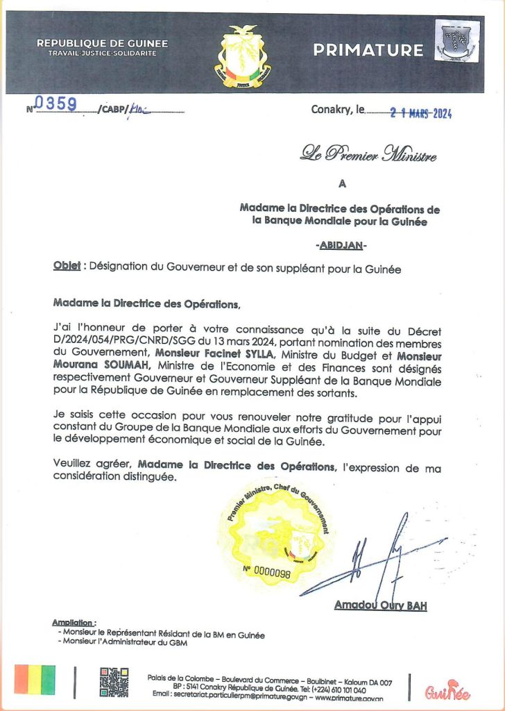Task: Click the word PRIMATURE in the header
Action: [x=368, y=50]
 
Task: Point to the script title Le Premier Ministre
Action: [x=368, y=153]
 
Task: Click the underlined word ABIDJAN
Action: [x=341, y=245]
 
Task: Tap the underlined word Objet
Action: [x=67, y=269]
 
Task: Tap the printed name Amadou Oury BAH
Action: [x=380, y=605]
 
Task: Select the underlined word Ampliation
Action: [x=74, y=623]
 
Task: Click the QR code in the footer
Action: [x=114, y=681]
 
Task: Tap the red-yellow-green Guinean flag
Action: [x=35, y=680]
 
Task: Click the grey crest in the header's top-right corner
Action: [x=456, y=41]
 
